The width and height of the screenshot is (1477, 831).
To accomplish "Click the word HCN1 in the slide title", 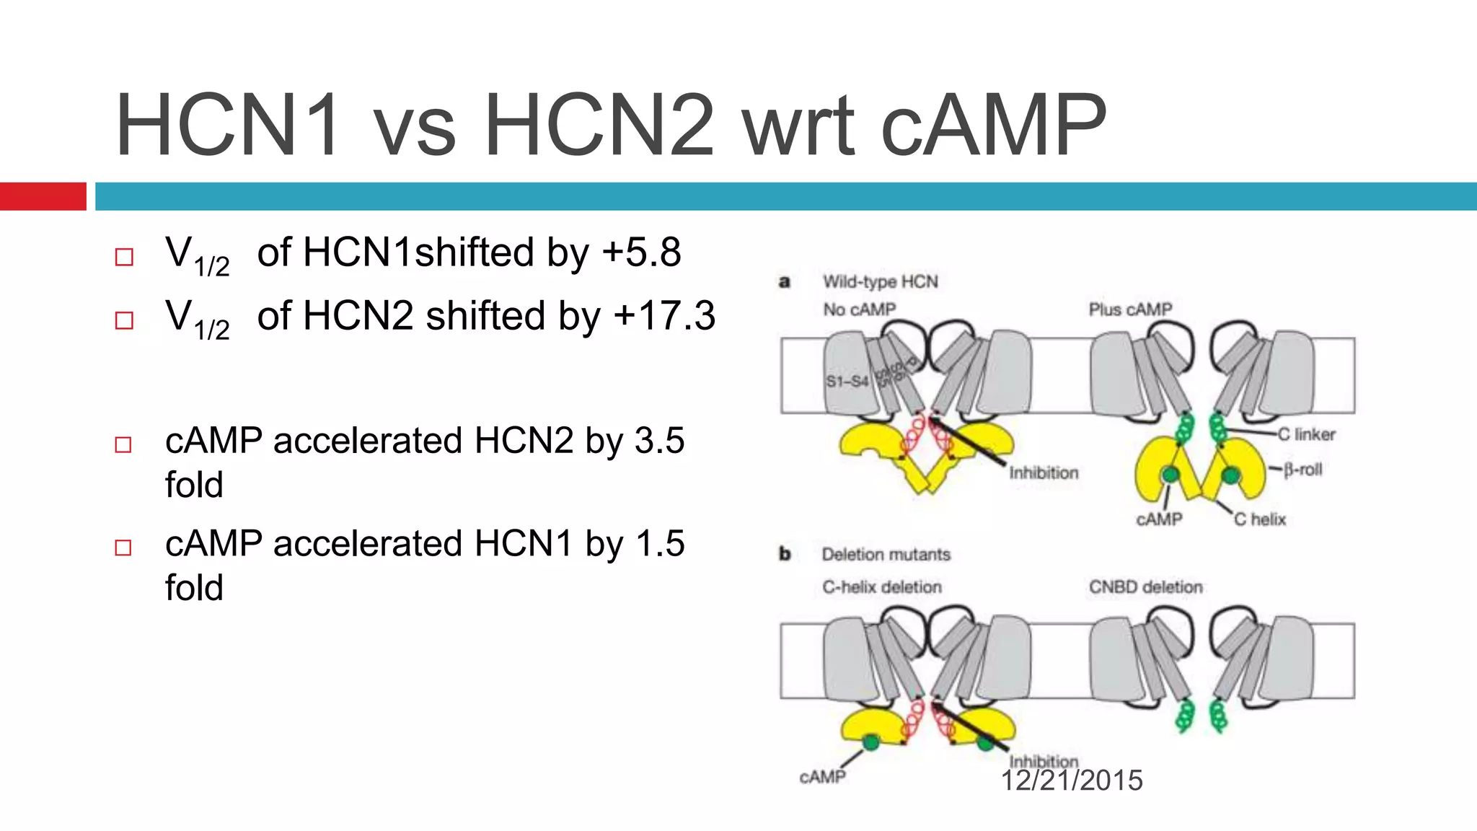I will click(x=226, y=126).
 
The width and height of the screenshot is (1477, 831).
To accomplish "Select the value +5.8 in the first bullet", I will click(x=641, y=252).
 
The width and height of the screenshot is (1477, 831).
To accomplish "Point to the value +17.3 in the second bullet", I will click(x=664, y=316).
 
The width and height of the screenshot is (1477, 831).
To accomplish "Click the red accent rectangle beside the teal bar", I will click(x=43, y=196).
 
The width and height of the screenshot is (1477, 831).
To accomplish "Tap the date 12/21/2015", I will click(x=1072, y=781).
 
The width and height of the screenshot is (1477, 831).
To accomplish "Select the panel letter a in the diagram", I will click(x=785, y=281).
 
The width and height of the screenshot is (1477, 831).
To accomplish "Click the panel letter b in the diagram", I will click(x=785, y=554).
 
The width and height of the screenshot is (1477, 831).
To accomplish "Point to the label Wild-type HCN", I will click(x=880, y=281).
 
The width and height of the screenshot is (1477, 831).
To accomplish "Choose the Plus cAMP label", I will click(x=1130, y=309).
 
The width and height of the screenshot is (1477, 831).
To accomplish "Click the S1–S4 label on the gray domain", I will click(x=847, y=381).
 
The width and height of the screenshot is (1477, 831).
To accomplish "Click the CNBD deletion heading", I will click(x=1145, y=587).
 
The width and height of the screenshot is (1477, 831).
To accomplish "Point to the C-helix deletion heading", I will click(x=881, y=587).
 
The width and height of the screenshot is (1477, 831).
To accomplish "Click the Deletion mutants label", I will click(x=886, y=554).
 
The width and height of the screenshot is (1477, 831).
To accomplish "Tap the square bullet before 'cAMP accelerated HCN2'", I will click(x=123, y=444).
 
